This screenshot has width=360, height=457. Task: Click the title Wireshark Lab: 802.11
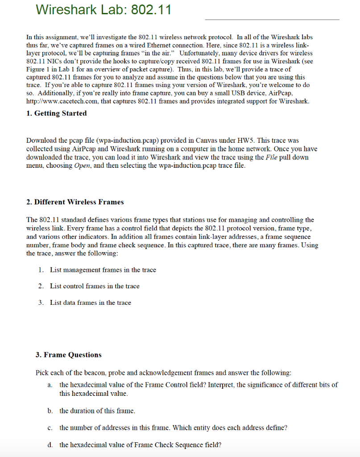click(x=103, y=9)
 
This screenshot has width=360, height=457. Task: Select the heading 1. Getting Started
click(x=57, y=113)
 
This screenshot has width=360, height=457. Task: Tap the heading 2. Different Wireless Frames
click(x=75, y=202)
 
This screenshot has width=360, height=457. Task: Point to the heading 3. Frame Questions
click(x=68, y=355)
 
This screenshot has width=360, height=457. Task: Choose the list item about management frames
click(x=103, y=270)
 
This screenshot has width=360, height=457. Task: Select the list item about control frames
click(x=95, y=286)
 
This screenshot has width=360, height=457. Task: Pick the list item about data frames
click(x=91, y=303)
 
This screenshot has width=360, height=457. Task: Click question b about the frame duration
click(x=97, y=411)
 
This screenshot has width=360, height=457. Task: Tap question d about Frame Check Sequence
click(x=140, y=445)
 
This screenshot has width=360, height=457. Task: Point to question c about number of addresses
click(x=173, y=428)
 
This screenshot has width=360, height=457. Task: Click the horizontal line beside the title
click(x=272, y=20)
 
